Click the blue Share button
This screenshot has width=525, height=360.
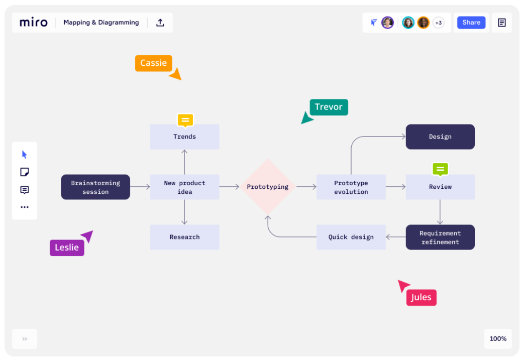pyautogui.click(x=471, y=23)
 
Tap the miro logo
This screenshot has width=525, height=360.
pyautogui.click(x=34, y=23)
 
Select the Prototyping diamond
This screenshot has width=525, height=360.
pyautogui.click(x=267, y=187)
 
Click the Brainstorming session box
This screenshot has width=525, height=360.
pyautogui.click(x=95, y=187)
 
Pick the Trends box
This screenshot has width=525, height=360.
pyautogui.click(x=184, y=137)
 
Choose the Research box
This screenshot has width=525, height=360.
pyautogui.click(x=184, y=237)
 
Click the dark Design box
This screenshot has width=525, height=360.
pyautogui.click(x=440, y=137)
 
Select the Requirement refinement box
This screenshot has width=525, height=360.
pyautogui.click(x=440, y=237)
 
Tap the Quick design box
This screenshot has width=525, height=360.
pyautogui.click(x=351, y=237)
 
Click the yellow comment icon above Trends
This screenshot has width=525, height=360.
pyautogui.click(x=185, y=121)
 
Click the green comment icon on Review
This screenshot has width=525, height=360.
pyautogui.click(x=440, y=169)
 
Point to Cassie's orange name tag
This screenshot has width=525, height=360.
pyautogui.click(x=153, y=63)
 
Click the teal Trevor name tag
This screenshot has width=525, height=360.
pyautogui.click(x=329, y=107)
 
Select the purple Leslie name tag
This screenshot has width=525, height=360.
pyautogui.click(x=67, y=248)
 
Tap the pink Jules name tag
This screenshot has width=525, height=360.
pyautogui.click(x=421, y=297)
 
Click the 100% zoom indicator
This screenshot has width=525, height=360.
pyautogui.click(x=498, y=339)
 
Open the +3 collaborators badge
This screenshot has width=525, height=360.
pyautogui.click(x=438, y=23)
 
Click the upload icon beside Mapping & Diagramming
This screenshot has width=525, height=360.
pyautogui.click(x=160, y=23)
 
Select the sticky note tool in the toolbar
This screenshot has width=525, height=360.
pyautogui.click(x=25, y=172)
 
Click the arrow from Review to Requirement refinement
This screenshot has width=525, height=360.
pyautogui.click(x=440, y=212)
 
